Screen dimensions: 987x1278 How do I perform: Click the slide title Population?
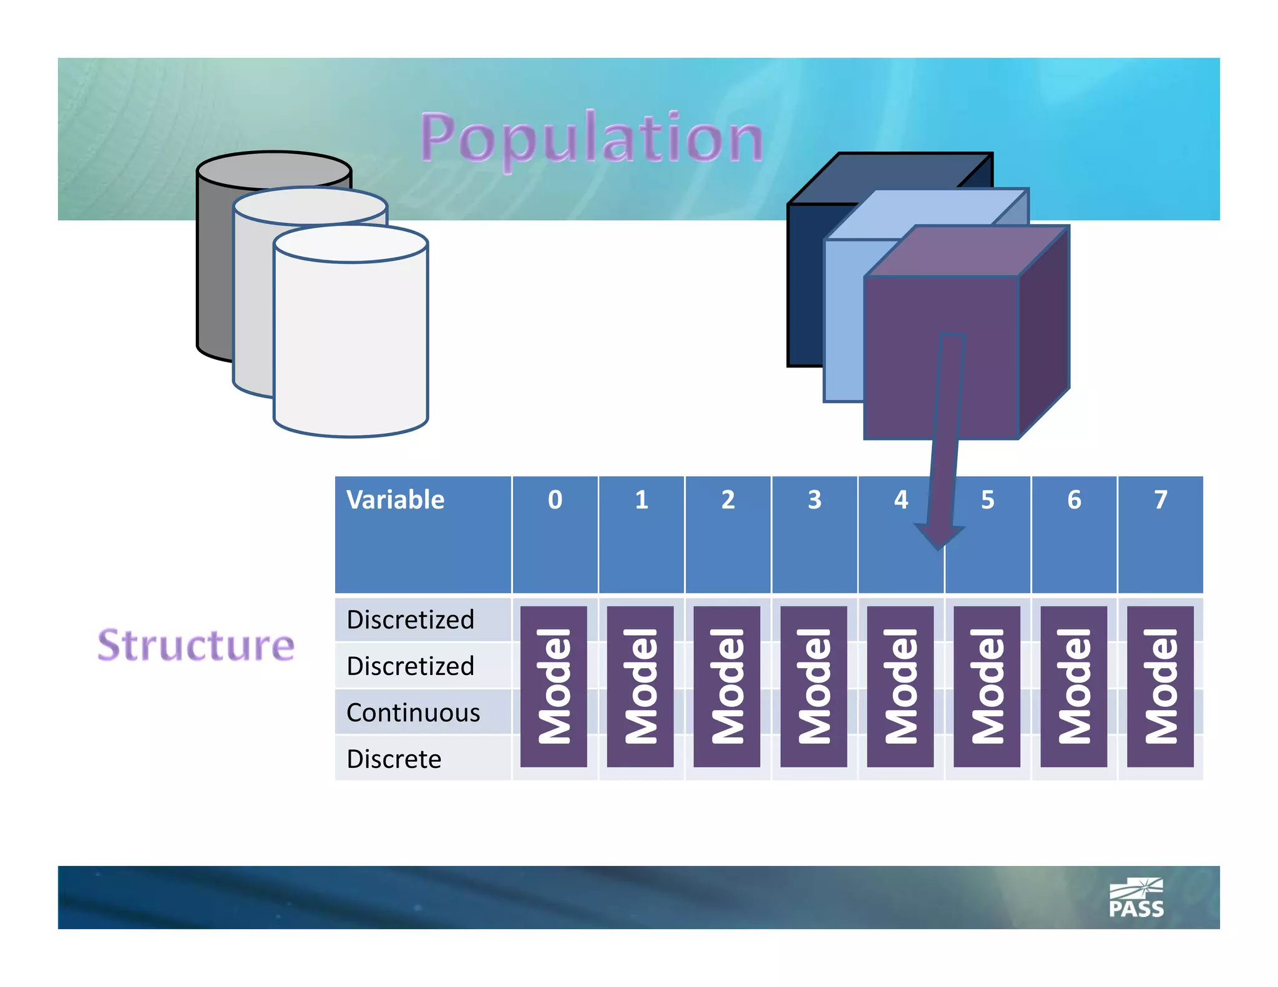(x=592, y=139)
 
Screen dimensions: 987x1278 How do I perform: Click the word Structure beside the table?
(x=196, y=645)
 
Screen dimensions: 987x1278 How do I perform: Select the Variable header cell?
(x=396, y=500)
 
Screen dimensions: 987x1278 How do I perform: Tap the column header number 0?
(x=555, y=500)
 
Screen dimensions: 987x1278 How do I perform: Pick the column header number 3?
(x=814, y=500)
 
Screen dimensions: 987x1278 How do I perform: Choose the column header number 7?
(x=1160, y=500)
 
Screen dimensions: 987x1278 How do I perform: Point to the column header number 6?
(x=1074, y=500)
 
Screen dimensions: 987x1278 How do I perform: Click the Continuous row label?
(x=413, y=712)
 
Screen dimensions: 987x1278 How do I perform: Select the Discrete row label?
(x=394, y=759)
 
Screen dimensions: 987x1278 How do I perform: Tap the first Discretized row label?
(x=410, y=620)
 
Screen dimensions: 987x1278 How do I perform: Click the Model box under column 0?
(x=554, y=686)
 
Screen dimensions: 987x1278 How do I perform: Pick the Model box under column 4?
(x=900, y=686)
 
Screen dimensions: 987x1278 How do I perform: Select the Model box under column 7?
(x=1160, y=686)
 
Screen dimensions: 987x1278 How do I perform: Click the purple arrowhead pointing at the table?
(x=939, y=535)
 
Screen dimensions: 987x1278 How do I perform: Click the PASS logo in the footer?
(x=1136, y=899)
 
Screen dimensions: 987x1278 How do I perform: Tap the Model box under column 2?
(x=727, y=686)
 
